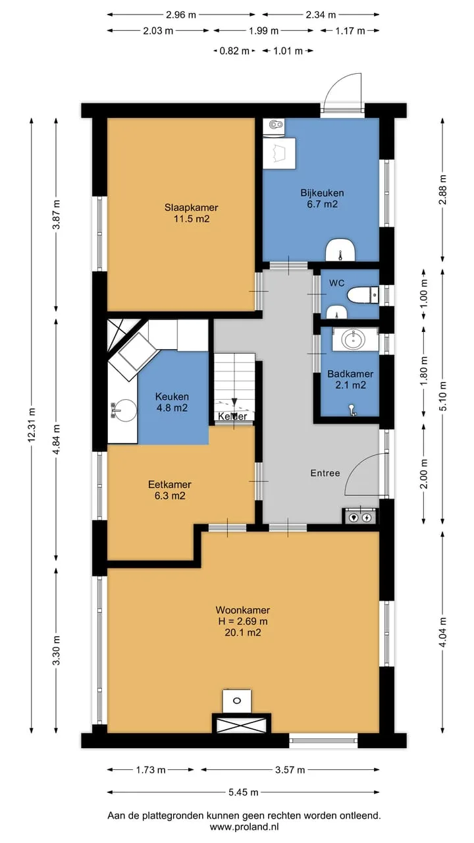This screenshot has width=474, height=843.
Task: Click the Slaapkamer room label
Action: point(191,207)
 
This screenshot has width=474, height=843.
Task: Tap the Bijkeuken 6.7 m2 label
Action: point(322,198)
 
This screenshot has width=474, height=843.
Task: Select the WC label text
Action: point(336,283)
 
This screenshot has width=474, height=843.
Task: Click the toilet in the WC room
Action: point(363,295)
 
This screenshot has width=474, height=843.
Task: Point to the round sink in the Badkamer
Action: point(354,339)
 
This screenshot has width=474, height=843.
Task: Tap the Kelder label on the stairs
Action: point(232,416)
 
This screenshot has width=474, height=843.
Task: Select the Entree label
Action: point(325,473)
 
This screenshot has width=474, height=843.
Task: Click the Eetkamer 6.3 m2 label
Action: point(170,490)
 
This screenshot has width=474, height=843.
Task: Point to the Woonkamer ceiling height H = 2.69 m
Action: point(243,621)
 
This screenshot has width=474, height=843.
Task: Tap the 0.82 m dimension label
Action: point(234,51)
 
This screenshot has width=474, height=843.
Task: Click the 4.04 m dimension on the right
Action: point(443,632)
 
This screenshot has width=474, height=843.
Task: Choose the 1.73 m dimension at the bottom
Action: point(151,770)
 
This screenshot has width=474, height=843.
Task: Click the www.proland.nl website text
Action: point(244,827)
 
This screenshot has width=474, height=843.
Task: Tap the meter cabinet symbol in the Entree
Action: point(359,516)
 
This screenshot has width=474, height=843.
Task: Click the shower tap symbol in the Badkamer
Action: point(352,410)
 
